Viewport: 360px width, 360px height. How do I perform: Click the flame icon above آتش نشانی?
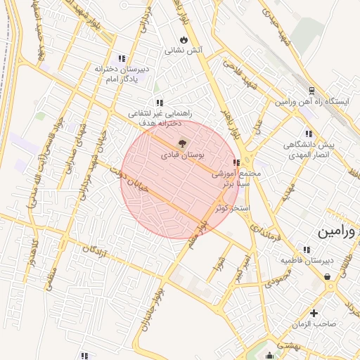coord(184,40)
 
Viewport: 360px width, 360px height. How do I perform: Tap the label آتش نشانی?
coord(184,51)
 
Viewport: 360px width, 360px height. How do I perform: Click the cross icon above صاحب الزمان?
coord(314,313)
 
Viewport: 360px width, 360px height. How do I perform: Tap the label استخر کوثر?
coord(233,210)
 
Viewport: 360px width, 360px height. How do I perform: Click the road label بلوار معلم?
coord(196,236)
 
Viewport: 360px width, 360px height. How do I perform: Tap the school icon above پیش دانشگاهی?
coord(308,133)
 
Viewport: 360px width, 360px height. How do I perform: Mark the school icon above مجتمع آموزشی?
coord(236,163)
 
